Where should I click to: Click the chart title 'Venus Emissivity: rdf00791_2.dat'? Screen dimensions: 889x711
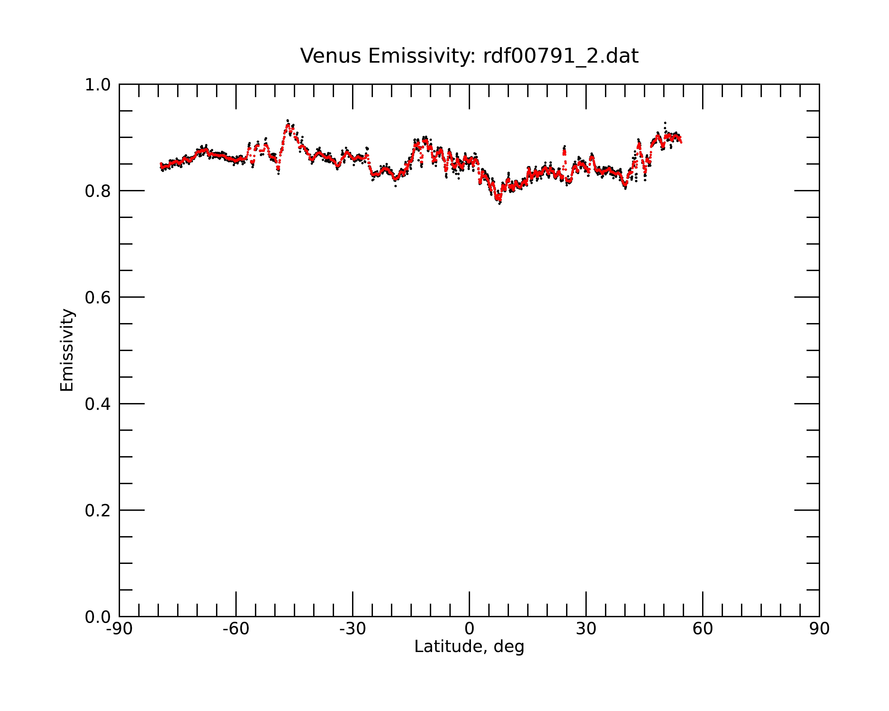pos(469,56)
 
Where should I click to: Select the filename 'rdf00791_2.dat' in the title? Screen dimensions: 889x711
pos(561,56)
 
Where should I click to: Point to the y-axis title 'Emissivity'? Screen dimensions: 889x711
pos(67,350)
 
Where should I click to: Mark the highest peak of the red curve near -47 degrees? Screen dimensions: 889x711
pos(287,124)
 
